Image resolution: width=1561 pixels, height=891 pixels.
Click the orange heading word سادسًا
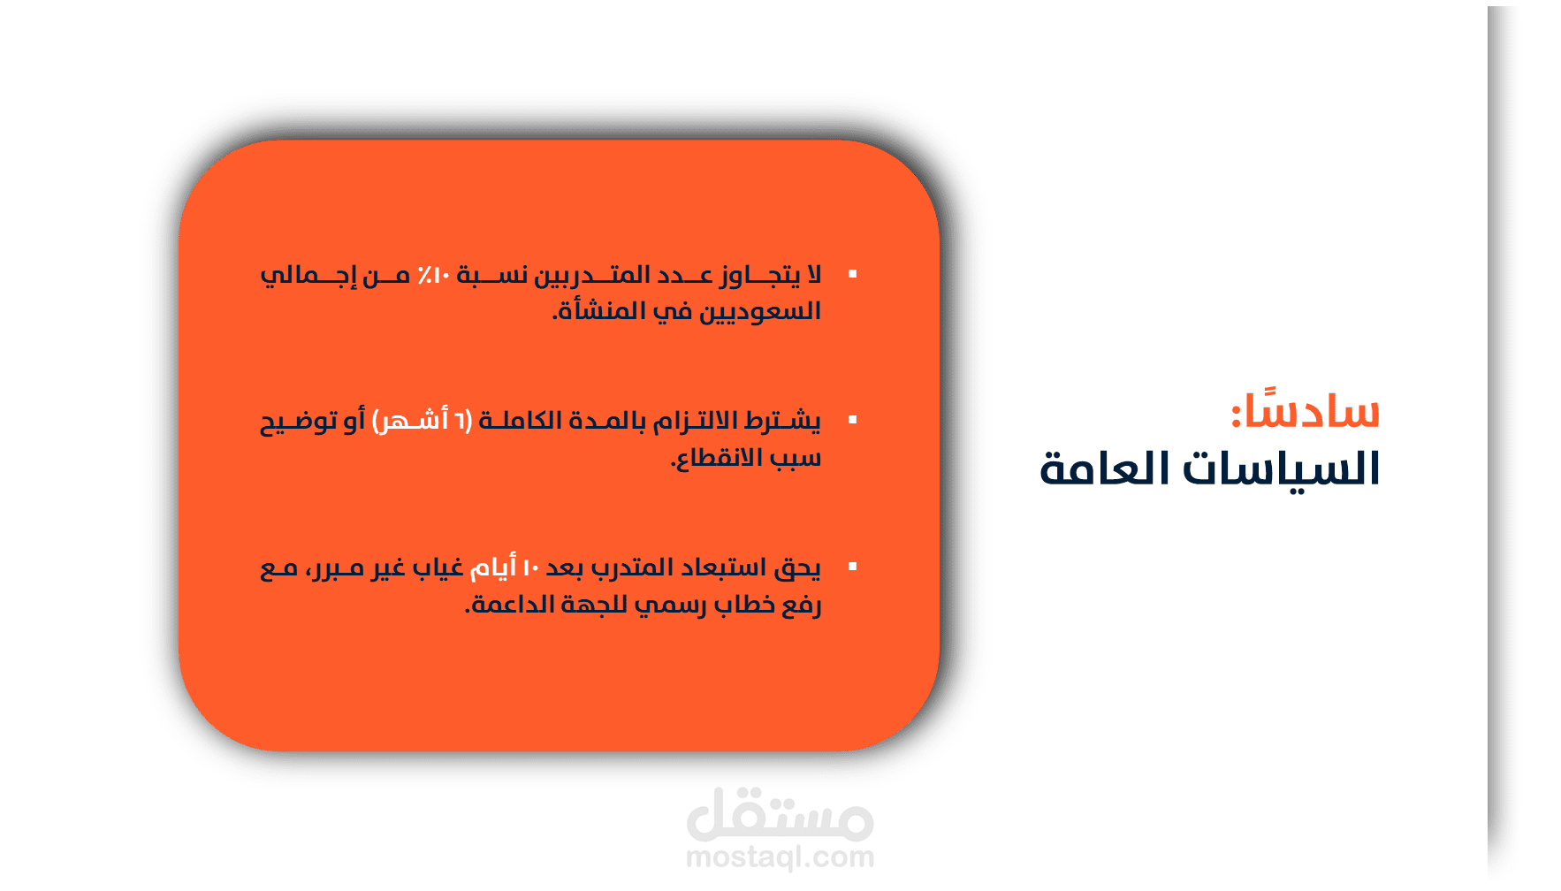1306,408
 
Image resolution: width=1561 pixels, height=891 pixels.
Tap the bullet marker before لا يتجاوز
853,274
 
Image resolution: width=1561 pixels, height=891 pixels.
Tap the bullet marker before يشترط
853,420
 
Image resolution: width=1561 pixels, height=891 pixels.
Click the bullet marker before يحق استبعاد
853,567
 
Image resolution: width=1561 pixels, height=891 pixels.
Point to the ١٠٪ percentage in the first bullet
434,275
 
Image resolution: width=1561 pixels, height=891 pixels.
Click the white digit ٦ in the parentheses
461,420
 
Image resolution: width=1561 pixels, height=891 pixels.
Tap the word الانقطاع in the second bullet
716,458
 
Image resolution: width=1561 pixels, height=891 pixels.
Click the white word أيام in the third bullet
492,567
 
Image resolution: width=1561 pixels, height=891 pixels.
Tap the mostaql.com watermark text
780,857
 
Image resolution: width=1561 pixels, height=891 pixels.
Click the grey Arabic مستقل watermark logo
780,814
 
